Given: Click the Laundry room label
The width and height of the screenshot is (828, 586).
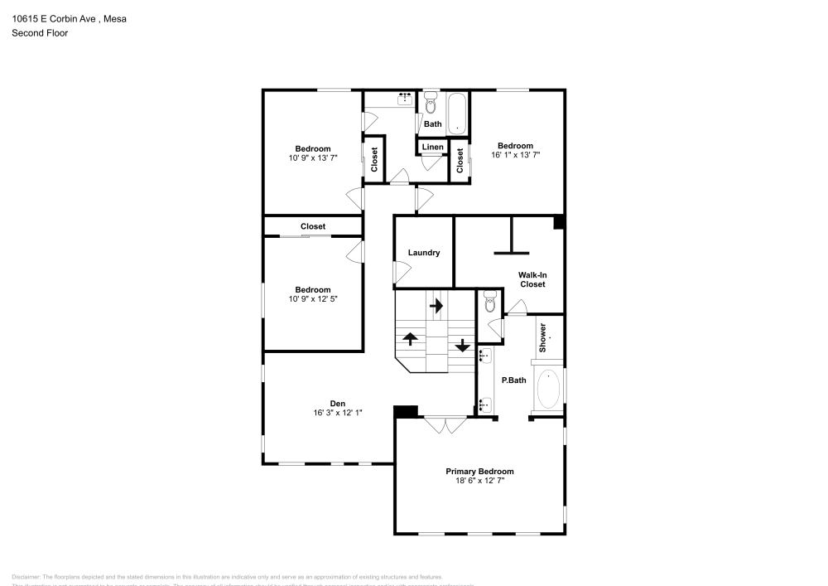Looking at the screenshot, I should (x=423, y=253).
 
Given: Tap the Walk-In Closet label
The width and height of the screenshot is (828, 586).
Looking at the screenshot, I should (x=532, y=279).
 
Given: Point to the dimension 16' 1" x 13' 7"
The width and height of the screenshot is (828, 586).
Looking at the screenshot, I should (x=515, y=155).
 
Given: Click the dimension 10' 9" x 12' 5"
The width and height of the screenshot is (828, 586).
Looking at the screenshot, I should (x=313, y=298).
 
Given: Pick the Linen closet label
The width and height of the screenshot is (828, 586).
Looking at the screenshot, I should (x=432, y=148).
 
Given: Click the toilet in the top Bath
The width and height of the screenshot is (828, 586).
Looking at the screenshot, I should (x=430, y=104).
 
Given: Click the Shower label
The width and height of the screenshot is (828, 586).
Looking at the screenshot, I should (x=544, y=338).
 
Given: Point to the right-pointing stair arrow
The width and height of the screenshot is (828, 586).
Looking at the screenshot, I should (x=436, y=305).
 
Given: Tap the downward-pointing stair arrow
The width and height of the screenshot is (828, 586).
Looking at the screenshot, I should (x=461, y=346).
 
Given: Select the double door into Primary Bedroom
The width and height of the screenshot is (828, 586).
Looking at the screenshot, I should (x=445, y=424).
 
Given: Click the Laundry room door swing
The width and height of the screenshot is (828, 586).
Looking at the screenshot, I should (x=402, y=271).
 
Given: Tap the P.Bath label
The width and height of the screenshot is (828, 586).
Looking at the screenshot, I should (x=513, y=380).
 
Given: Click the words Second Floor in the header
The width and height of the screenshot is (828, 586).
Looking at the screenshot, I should (x=40, y=33).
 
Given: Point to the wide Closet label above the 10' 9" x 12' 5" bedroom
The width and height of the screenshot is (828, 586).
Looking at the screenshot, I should (x=313, y=226).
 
